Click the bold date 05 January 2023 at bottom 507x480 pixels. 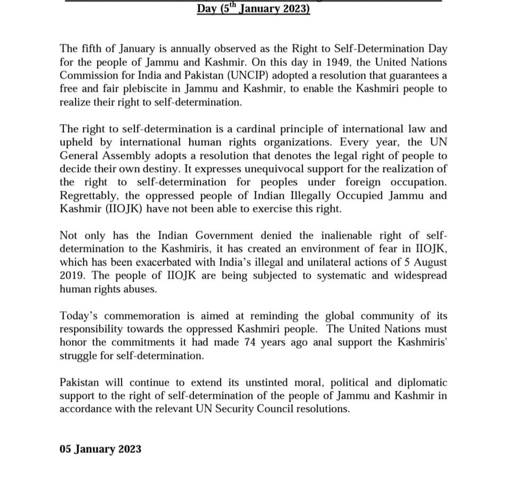pyautogui.click(x=100, y=449)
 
